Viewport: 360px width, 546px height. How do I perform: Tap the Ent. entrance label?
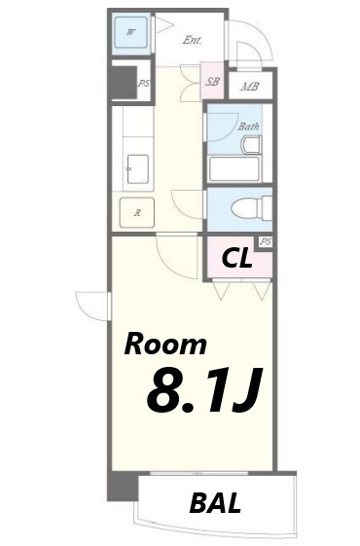tap(193, 40)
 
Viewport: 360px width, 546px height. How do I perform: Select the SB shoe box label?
tap(212, 82)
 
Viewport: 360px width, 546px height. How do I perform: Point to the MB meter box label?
tap(249, 86)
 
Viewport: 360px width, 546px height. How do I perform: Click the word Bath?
tap(248, 126)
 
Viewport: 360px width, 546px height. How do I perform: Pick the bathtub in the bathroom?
tap(234, 169)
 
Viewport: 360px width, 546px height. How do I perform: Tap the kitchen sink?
tap(136, 168)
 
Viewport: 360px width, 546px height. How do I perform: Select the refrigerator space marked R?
tap(137, 212)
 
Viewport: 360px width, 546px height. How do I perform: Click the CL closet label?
tap(238, 259)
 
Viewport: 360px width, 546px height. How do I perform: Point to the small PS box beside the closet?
tap(264, 240)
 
